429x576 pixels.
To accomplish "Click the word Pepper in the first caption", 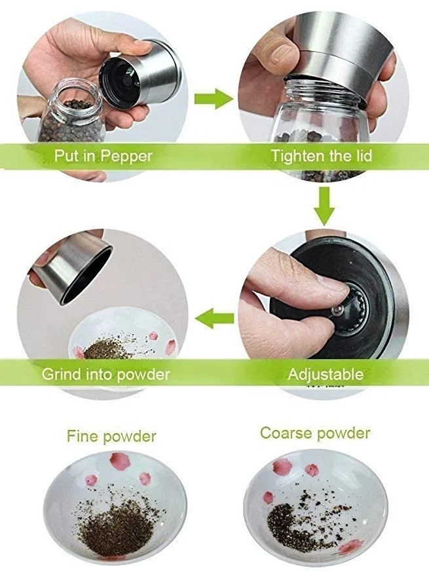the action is coord(126,156).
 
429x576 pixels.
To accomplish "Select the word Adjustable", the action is coord(326,374).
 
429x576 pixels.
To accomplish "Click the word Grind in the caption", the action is coord(61,374).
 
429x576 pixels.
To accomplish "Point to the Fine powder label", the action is coord(111,436).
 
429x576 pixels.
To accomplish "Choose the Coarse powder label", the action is coord(315,433).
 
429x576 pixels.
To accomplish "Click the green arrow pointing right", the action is coord(214,98).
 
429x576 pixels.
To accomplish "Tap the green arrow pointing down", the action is coord(324,205).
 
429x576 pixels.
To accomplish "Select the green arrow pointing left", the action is coord(214,318).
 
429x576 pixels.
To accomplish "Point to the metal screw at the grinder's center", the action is coord(336,311).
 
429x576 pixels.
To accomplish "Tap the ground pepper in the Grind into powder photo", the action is coord(106,349).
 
